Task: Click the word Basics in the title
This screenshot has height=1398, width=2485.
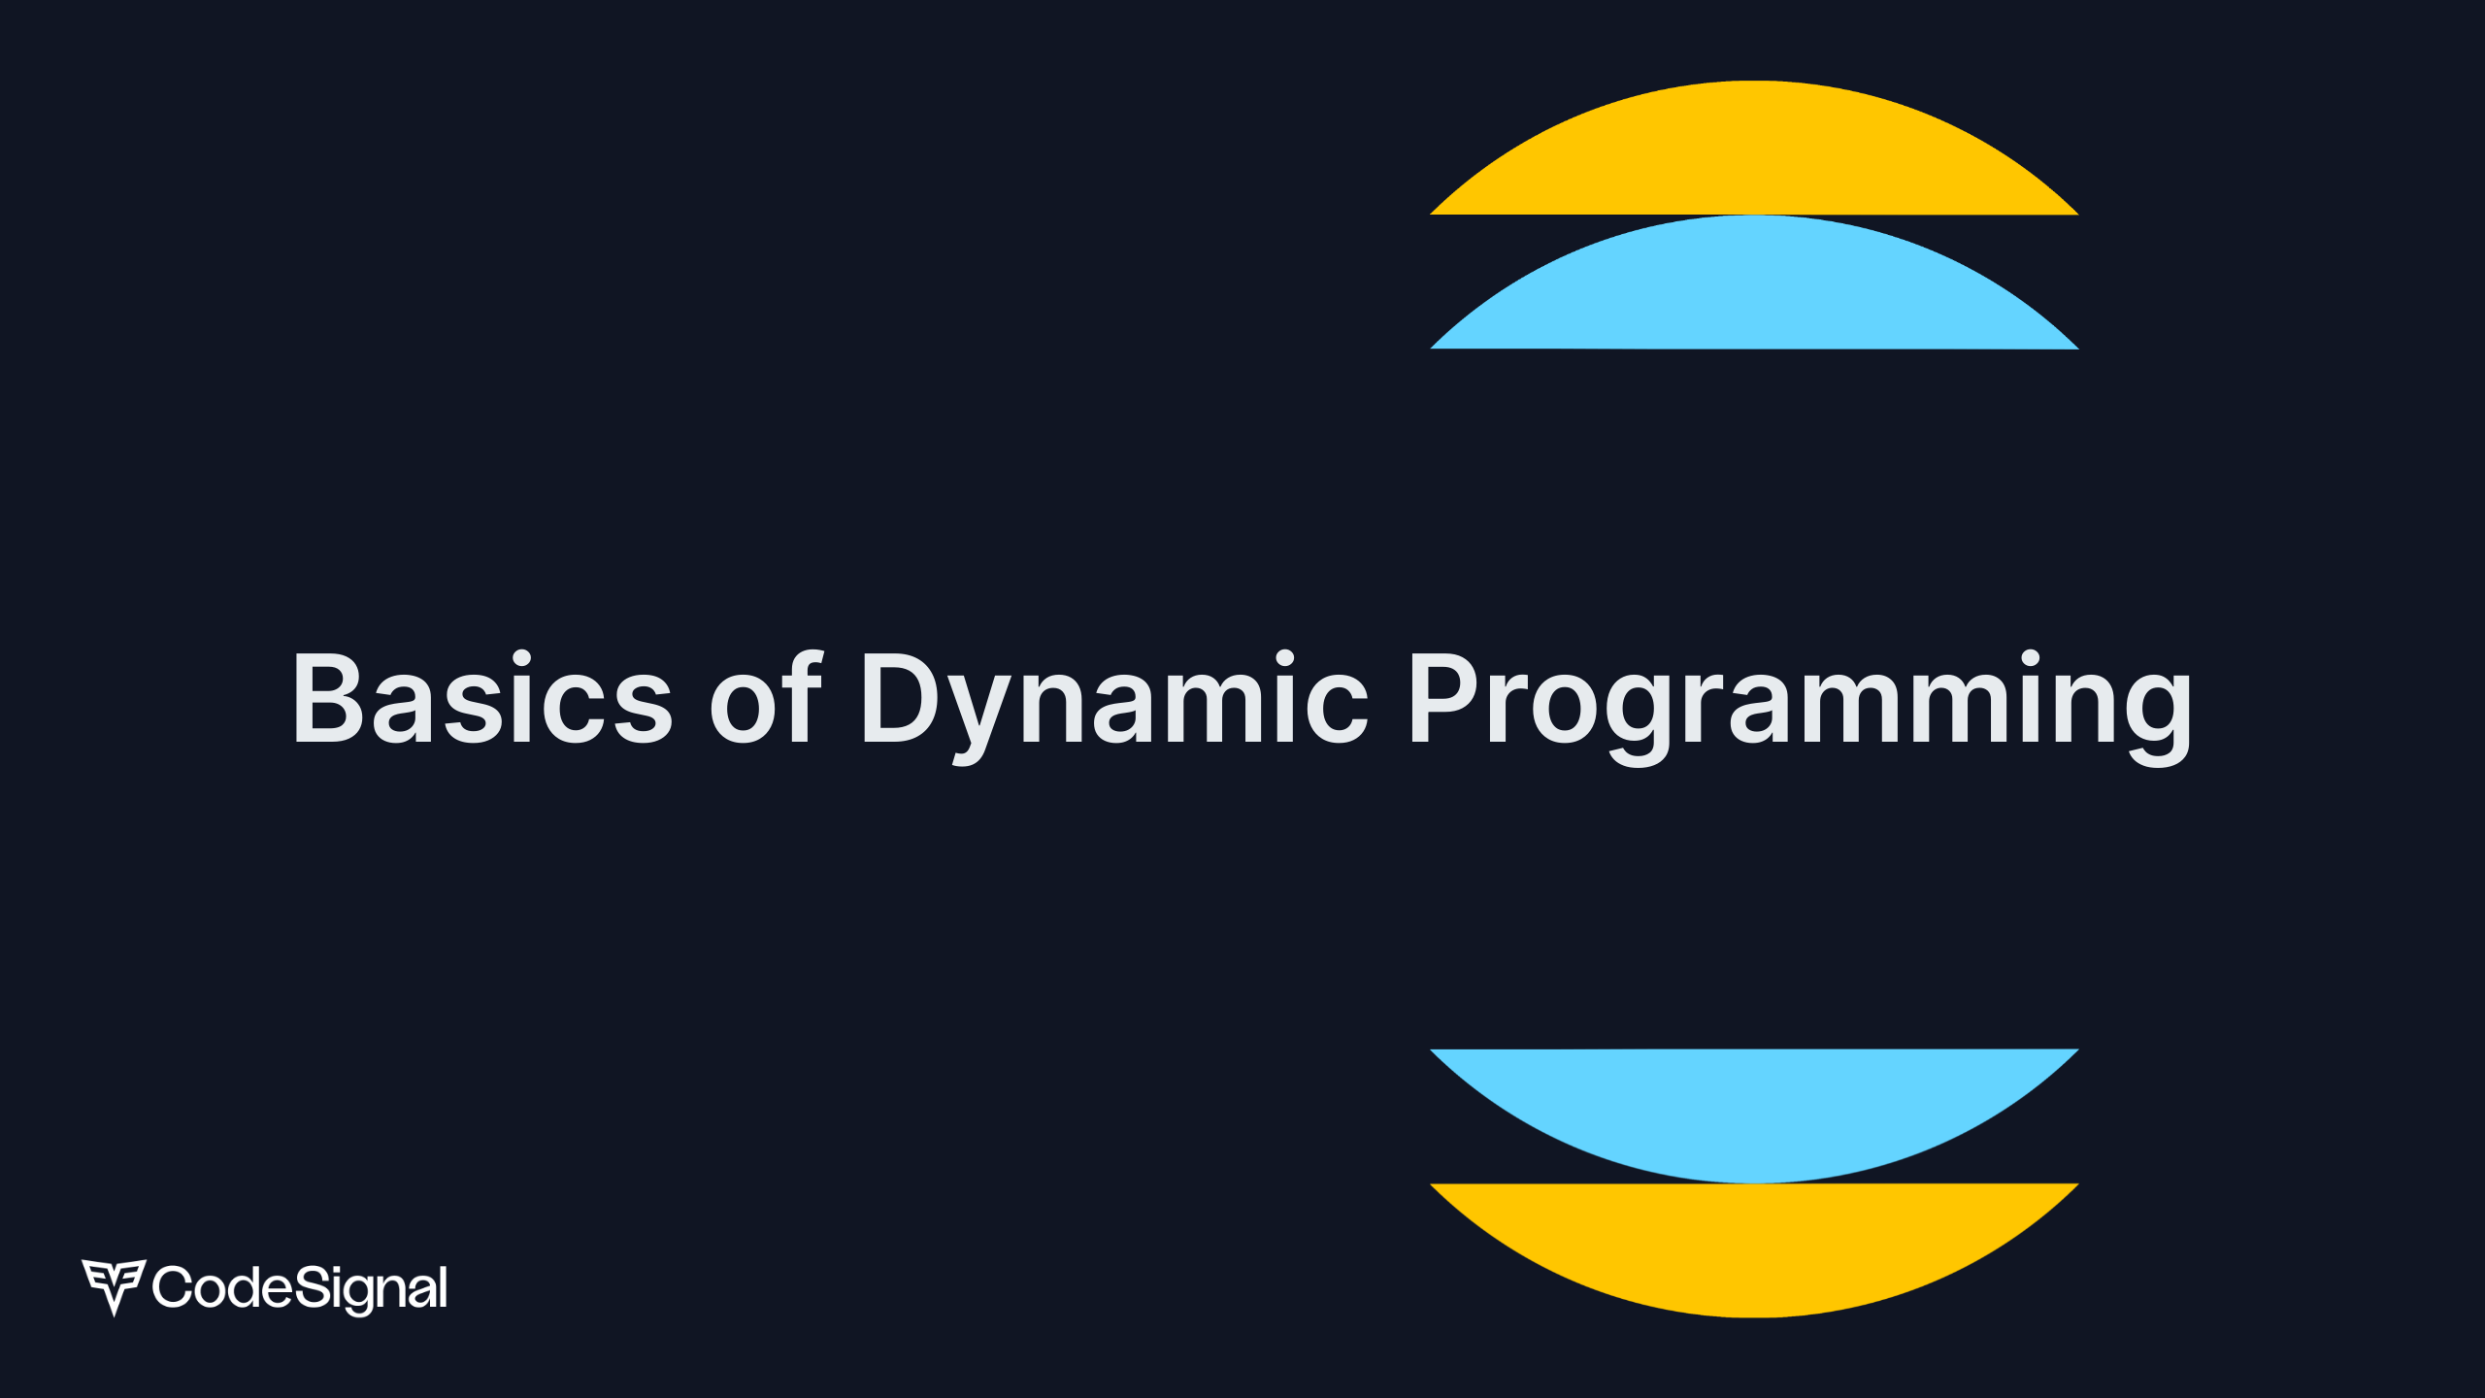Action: (x=483, y=697)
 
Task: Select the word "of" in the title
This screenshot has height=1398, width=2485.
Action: (x=767, y=695)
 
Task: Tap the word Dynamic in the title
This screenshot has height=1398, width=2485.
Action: (x=1114, y=707)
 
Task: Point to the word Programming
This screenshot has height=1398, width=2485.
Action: (x=1801, y=707)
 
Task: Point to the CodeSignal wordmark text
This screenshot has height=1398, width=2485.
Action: (x=300, y=1289)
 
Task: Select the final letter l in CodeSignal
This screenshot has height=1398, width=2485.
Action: (x=444, y=1286)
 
